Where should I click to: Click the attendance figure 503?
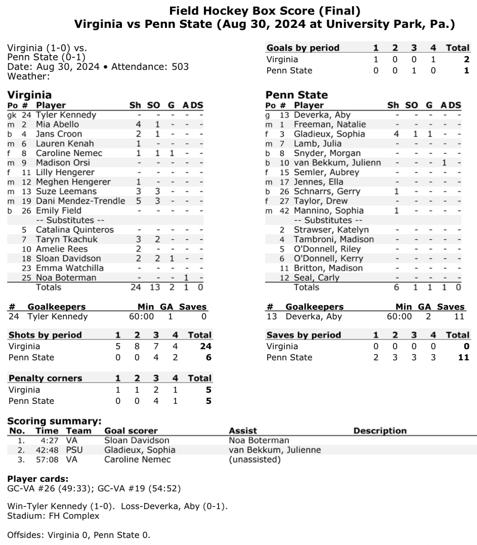(x=180, y=67)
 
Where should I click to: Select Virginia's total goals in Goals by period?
(x=466, y=59)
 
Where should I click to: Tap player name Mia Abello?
(x=57, y=124)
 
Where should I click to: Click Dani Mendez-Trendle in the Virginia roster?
(x=80, y=201)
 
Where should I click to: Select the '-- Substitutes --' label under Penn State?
(x=328, y=221)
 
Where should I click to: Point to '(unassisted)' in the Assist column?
(x=254, y=460)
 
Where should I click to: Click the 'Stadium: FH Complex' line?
(x=53, y=516)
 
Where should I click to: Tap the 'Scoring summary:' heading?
(x=54, y=421)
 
